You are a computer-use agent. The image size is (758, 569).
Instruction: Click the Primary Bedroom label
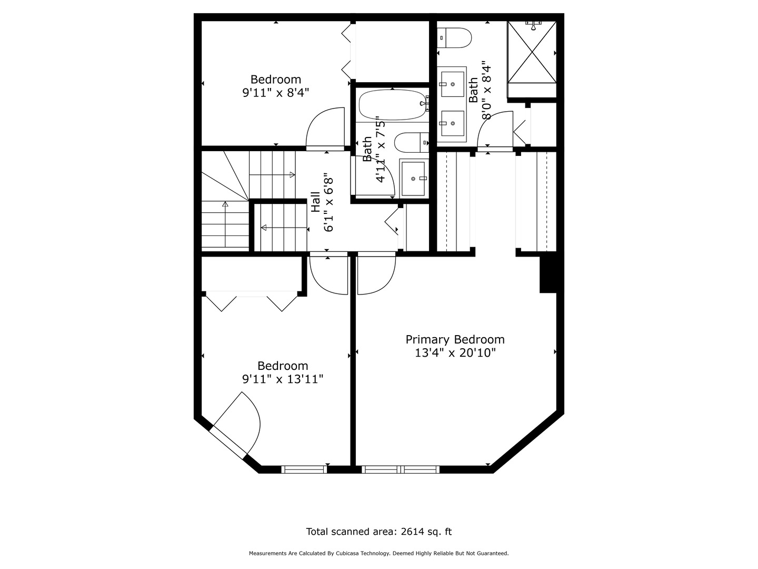point(455,340)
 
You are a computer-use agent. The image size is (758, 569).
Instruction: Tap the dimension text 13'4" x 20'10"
point(455,353)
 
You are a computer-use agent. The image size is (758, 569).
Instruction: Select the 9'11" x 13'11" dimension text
point(283,379)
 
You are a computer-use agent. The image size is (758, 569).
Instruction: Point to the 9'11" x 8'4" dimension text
point(275,93)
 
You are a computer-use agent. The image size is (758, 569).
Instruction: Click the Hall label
point(315,202)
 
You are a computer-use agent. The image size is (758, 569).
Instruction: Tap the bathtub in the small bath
point(392,104)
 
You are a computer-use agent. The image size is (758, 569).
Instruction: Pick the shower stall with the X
point(532,52)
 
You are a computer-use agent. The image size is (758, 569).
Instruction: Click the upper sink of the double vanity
point(453,83)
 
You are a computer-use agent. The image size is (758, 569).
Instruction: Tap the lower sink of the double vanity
point(453,123)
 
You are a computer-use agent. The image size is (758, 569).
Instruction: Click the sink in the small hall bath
point(414,178)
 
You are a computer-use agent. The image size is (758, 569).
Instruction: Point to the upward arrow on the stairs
point(225,203)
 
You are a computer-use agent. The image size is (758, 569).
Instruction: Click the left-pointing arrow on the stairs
point(264,228)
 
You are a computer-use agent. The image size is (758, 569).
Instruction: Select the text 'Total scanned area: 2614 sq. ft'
point(378,532)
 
